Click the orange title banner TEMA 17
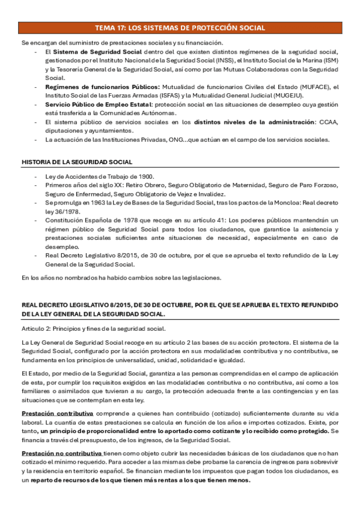tap(180, 28)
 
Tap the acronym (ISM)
tap(331, 61)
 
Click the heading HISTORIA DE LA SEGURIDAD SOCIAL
tap(77, 162)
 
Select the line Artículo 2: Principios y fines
tap(93, 328)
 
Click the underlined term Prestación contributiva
tap(57, 414)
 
